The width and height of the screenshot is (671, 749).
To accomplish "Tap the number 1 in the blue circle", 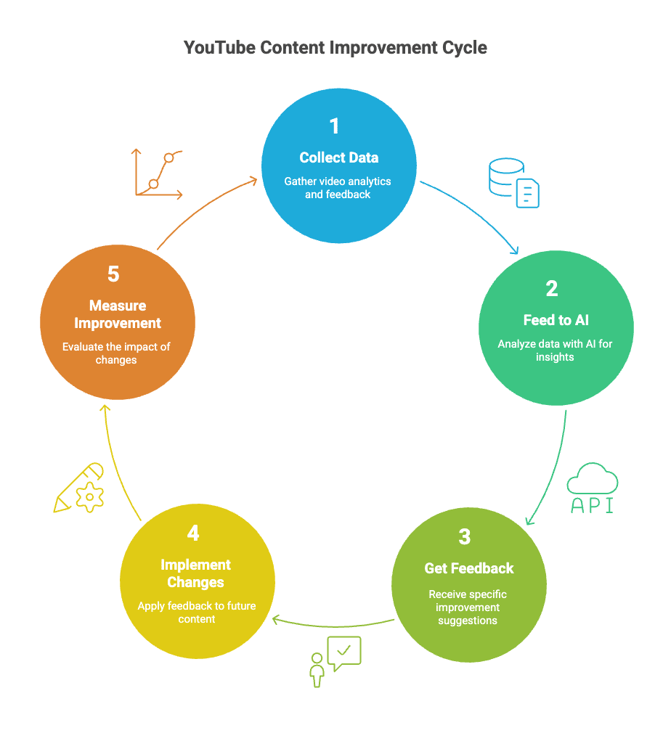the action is (x=335, y=126).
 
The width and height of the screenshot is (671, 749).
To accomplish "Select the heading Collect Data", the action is (x=339, y=157).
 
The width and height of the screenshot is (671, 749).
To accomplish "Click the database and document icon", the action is (x=513, y=182).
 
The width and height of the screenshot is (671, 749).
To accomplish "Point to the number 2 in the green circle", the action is (x=551, y=289).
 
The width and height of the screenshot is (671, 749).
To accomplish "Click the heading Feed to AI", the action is (x=556, y=320).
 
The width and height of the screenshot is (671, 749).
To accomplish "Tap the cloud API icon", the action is (x=592, y=488).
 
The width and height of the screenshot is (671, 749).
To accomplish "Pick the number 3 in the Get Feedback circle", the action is (x=465, y=536).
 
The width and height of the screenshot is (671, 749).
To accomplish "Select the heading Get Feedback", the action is (x=469, y=568).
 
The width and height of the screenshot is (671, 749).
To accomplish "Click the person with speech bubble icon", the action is (x=335, y=662).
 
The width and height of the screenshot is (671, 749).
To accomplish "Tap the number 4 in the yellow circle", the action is (x=193, y=533).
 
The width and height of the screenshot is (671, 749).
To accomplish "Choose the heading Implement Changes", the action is (x=195, y=573).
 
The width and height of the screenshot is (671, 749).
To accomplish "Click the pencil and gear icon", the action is (x=79, y=488).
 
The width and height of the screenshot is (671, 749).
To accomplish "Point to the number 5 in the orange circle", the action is (x=113, y=274).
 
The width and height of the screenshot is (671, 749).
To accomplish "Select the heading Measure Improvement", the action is (x=118, y=314).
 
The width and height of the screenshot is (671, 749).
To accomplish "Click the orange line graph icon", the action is (x=157, y=174).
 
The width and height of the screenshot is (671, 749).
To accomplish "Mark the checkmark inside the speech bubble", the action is (x=344, y=650).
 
